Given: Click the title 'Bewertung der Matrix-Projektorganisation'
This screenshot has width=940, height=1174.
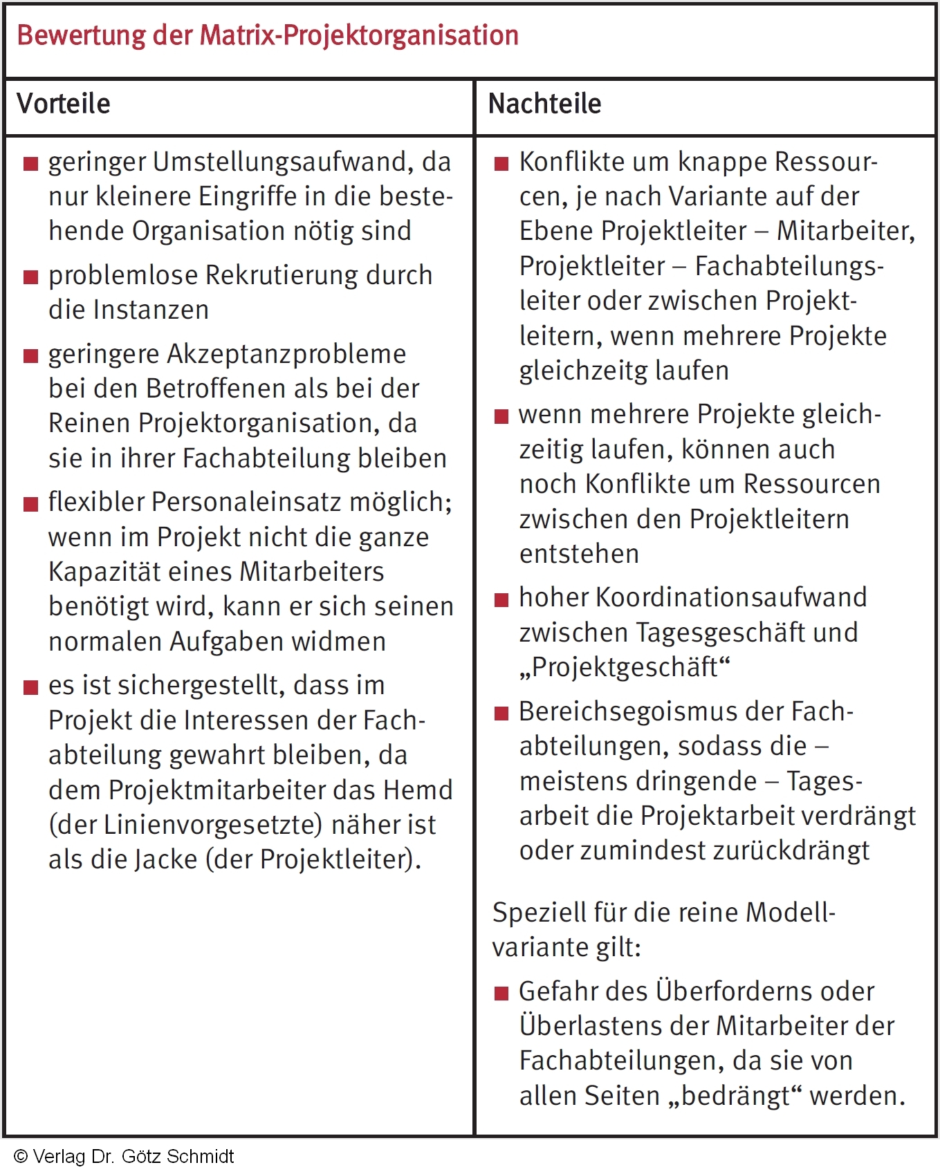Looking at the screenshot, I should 268,36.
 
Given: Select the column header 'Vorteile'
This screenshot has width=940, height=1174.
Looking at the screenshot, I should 64,104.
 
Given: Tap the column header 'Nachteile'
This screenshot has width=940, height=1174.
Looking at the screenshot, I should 544,104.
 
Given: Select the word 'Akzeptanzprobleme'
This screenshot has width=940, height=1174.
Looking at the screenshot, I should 286,354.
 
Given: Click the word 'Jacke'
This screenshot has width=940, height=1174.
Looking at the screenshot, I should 166,859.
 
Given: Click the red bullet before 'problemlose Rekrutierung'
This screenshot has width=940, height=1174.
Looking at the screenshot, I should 30,277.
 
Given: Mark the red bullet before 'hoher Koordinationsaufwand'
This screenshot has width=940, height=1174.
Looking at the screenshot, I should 501,599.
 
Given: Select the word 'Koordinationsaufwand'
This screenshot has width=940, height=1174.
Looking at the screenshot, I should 731,597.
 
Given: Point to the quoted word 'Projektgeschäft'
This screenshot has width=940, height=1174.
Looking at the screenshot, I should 625,667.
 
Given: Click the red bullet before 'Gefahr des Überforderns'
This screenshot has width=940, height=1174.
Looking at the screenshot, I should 501,994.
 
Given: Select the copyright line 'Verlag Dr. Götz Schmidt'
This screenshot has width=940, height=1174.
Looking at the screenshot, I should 125,1157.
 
